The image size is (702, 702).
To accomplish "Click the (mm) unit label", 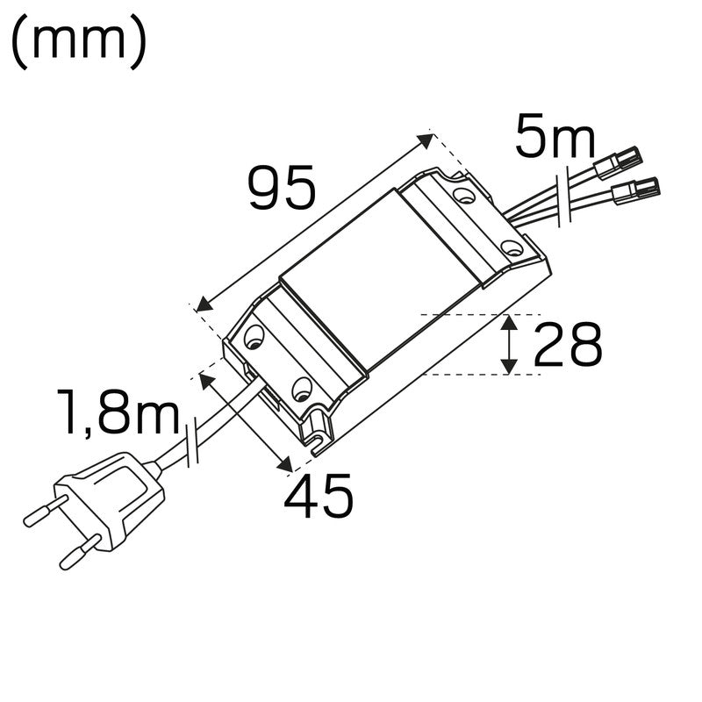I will click(x=77, y=45).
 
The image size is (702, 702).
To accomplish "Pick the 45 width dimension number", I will click(x=318, y=496).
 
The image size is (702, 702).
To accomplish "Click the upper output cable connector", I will click(x=619, y=162).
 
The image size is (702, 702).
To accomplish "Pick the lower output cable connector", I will click(x=634, y=188).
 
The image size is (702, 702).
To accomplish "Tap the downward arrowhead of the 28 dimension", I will click(x=508, y=367).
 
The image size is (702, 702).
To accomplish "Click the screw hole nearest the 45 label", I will click(x=301, y=387).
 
